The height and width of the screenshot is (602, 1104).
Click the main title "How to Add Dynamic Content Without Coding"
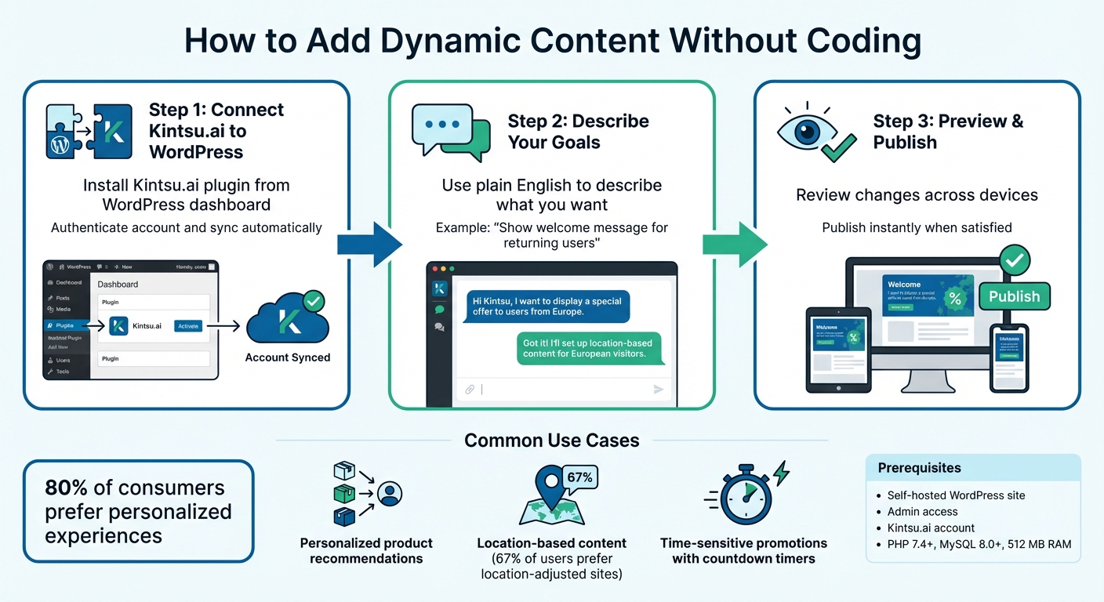[552, 41]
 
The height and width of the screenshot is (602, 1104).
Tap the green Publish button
[1014, 296]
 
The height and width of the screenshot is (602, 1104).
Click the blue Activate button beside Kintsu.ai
[188, 326]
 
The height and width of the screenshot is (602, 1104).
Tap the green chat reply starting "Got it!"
[590, 348]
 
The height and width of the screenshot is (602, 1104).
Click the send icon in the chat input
[658, 390]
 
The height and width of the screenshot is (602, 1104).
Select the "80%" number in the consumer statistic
[67, 488]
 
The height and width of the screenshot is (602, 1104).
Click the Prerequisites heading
[920, 468]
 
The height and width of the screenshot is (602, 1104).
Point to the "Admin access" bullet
[922, 512]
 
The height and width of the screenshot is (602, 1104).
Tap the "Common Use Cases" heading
[551, 441]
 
